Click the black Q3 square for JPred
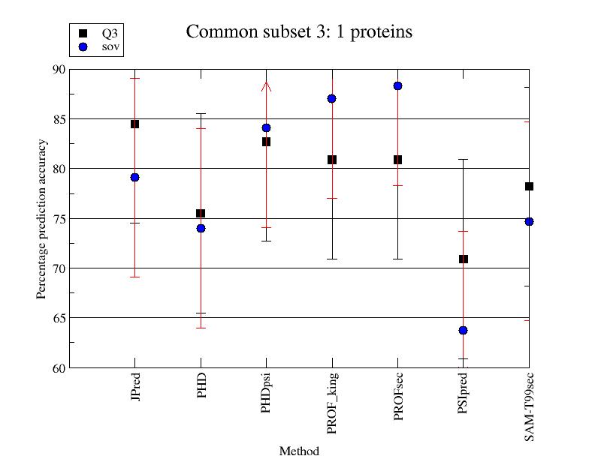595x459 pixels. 134,124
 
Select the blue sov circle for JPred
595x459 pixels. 134,177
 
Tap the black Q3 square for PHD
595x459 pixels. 201,214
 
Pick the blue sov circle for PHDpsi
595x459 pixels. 266,127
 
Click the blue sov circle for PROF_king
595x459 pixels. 332,98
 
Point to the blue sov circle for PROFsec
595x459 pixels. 397,85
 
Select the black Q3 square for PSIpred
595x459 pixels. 464,259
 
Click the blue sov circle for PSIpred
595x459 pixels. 464,330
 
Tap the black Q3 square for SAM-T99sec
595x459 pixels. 529,186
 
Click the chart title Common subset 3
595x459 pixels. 299,32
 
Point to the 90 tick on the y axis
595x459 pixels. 59,69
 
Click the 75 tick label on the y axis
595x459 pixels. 59,218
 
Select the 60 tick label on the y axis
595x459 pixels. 59,367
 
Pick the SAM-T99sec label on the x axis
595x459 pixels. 530,404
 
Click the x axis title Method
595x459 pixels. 299,451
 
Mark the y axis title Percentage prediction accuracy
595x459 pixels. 42,218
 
